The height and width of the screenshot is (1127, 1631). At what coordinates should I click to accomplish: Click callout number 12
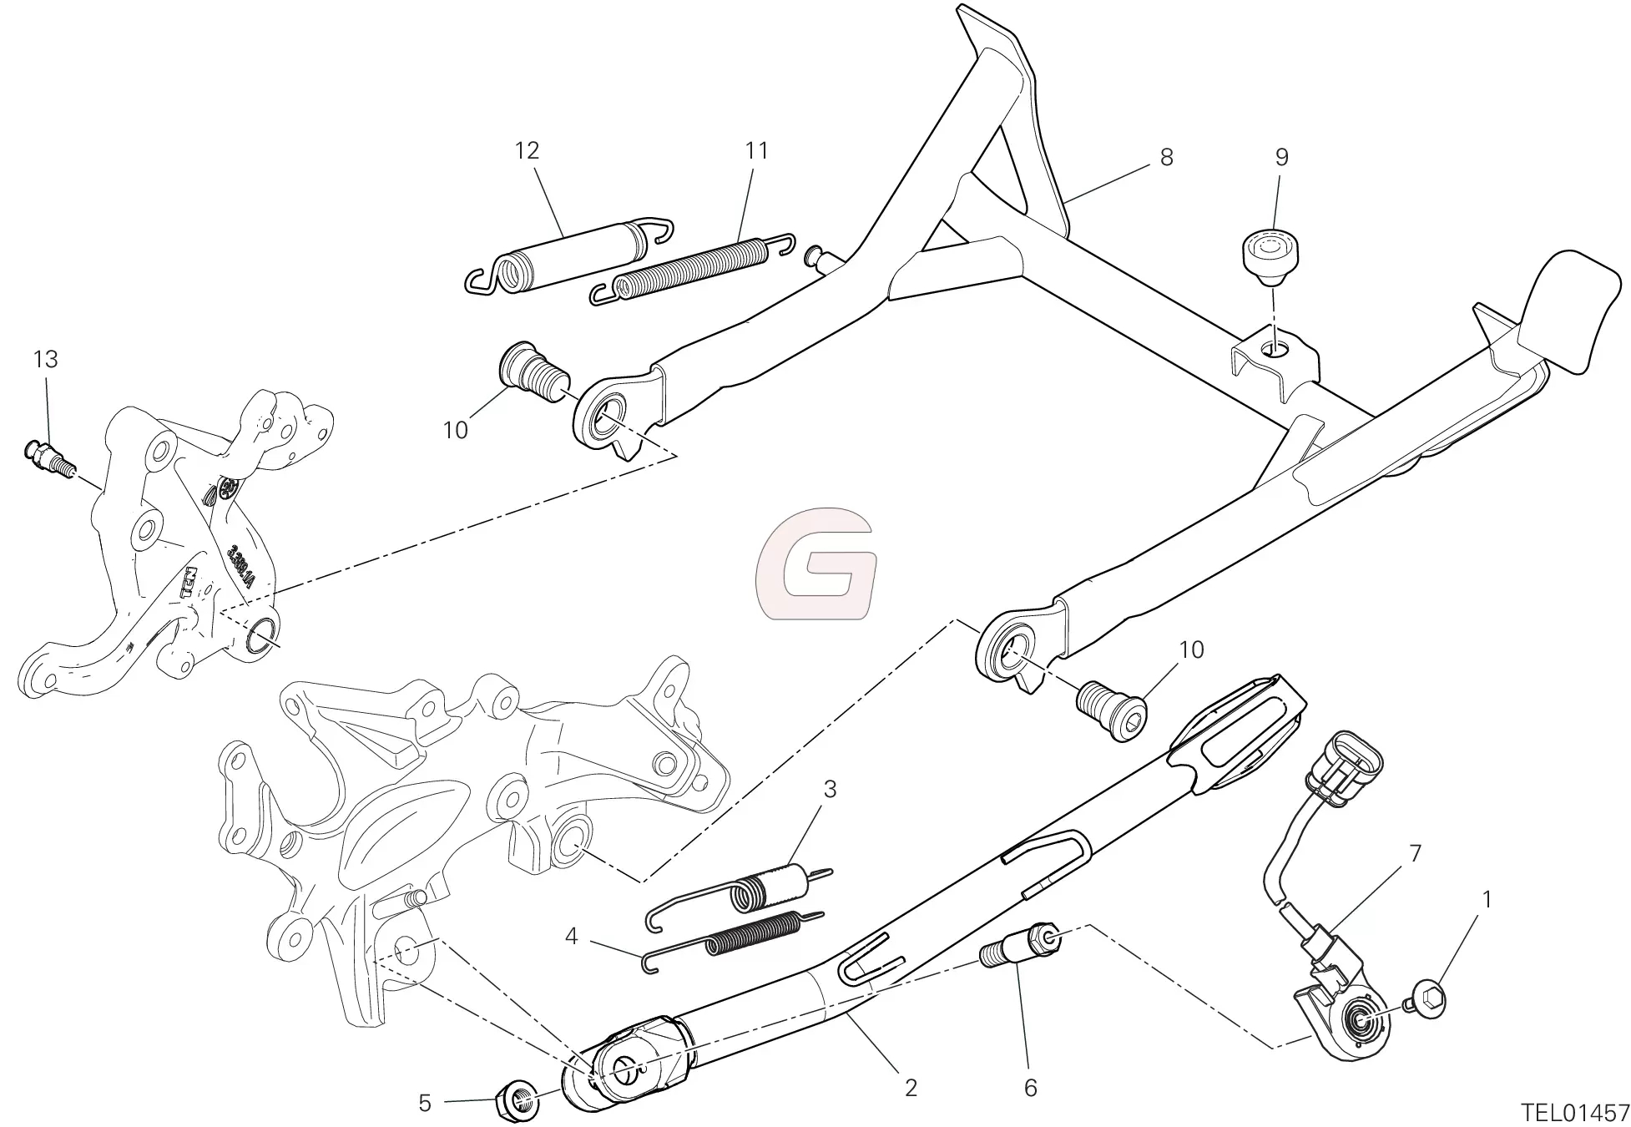click(x=527, y=151)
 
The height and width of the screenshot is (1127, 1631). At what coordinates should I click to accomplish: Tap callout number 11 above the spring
click(x=756, y=151)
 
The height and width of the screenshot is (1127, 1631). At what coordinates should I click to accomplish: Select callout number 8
click(x=1166, y=157)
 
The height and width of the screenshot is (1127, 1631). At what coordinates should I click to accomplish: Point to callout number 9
click(x=1281, y=157)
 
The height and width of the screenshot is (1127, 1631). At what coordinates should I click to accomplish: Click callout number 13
click(x=46, y=360)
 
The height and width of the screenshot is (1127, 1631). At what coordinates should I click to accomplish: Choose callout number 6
click(x=1030, y=1087)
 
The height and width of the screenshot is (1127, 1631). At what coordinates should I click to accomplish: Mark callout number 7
click(x=1414, y=854)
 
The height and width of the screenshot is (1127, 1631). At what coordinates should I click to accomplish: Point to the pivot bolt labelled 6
click(x=1019, y=950)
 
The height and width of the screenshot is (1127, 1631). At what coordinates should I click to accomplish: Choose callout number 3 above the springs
click(x=829, y=789)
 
